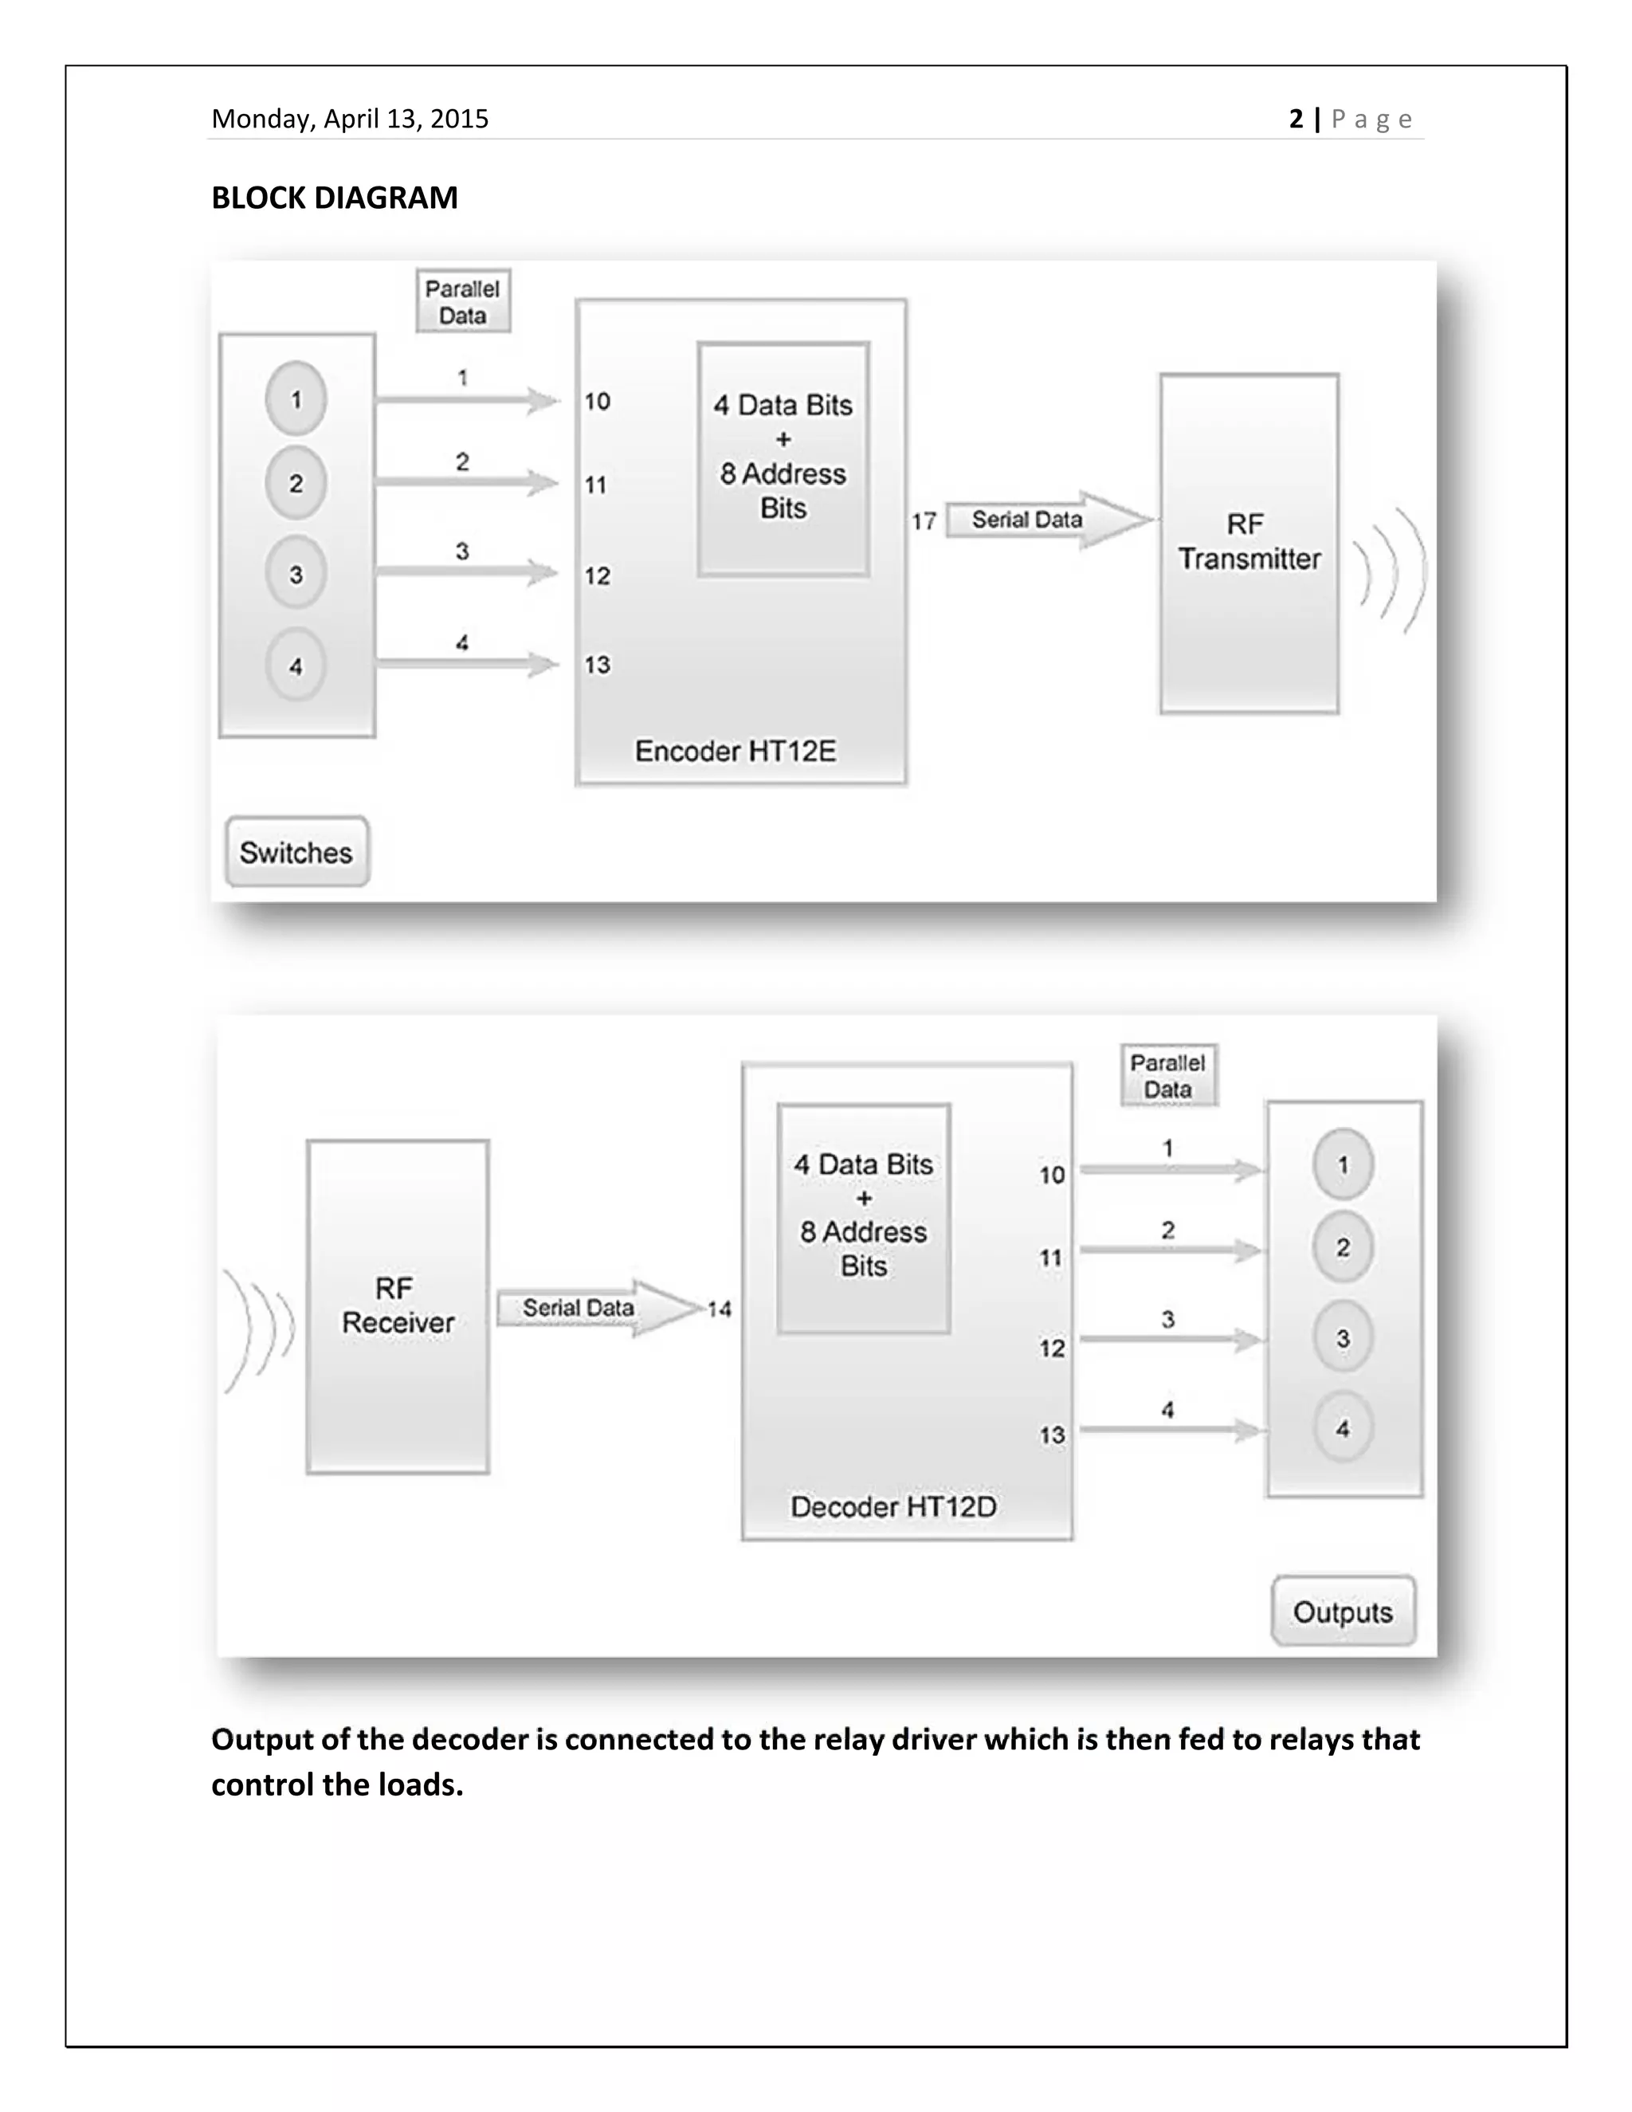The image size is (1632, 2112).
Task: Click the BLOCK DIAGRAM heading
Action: [x=335, y=198]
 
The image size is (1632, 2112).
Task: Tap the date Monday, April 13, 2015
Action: [x=350, y=119]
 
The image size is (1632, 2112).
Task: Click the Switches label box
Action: [x=296, y=852]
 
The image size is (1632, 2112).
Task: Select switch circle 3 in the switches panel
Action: [x=296, y=574]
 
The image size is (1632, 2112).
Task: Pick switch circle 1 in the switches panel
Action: [x=296, y=398]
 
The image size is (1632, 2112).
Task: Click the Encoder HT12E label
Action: [x=735, y=752]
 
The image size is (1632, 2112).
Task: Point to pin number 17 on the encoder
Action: [x=924, y=522]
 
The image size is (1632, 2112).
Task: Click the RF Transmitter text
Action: [x=1248, y=541]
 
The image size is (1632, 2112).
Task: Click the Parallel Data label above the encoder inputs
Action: [x=462, y=302]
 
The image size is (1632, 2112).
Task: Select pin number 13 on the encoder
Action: [x=597, y=665]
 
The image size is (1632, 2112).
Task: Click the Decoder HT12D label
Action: [x=893, y=1506]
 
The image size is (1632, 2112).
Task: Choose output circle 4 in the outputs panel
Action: [x=1343, y=1428]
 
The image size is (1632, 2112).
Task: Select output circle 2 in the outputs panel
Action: [x=1343, y=1247]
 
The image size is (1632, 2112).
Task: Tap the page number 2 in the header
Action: [x=1297, y=119]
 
